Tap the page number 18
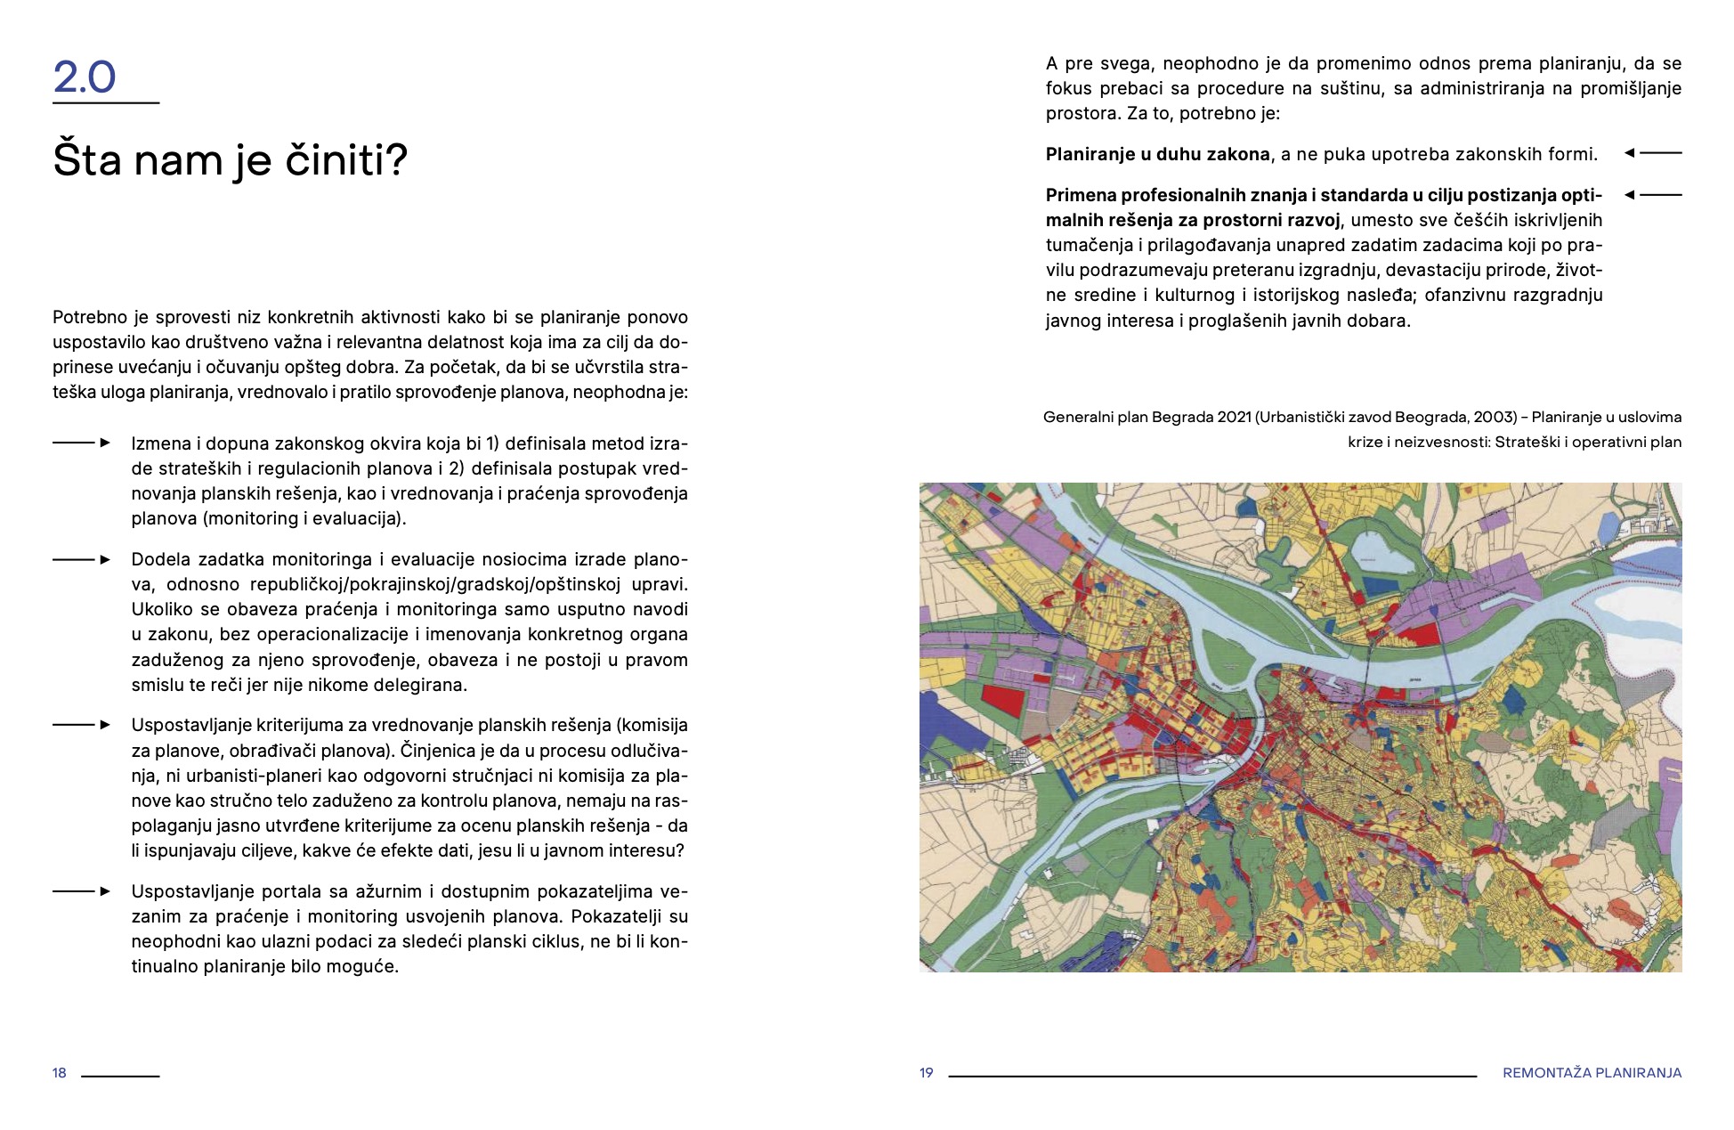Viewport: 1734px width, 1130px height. tap(60, 1073)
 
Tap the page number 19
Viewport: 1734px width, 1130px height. tap(927, 1073)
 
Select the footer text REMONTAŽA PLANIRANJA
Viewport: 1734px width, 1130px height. tap(1592, 1073)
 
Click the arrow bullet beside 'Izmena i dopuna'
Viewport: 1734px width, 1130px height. tap(82, 443)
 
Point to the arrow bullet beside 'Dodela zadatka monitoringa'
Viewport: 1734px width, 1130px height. tap(82, 559)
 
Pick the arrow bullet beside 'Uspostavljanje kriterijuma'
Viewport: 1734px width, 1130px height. tap(82, 725)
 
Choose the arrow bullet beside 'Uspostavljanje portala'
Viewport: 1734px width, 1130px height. tap(82, 891)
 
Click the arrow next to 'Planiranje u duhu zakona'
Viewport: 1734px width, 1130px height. tap(1653, 153)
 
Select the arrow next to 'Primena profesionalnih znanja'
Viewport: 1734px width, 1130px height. tap(1653, 194)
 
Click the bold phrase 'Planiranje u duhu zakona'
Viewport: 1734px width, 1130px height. tap(1157, 154)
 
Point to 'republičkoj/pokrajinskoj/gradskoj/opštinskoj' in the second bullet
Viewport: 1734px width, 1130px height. tap(435, 584)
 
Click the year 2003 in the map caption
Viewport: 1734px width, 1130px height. tap(1494, 417)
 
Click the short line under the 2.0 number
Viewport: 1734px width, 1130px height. tap(106, 103)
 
